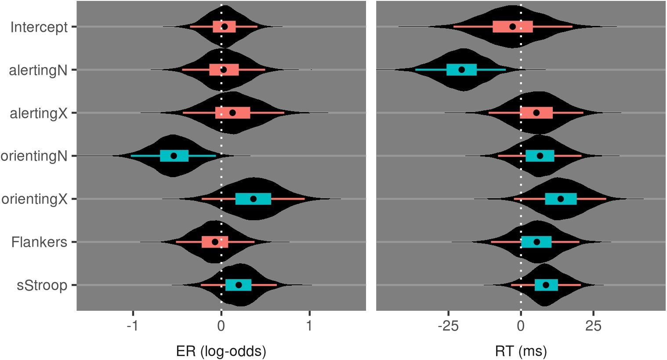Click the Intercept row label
click(x=39, y=27)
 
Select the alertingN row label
click(x=38, y=70)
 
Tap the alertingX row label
click(x=38, y=113)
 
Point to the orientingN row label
click(x=34, y=156)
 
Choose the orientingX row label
click(x=34, y=200)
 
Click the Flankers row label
click(x=39, y=242)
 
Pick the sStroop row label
click(x=42, y=286)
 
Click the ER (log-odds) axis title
click(x=221, y=351)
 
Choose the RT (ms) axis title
click(x=521, y=351)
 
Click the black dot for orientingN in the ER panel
click(x=174, y=156)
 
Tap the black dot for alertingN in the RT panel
click(x=461, y=69)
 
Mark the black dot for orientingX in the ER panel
click(x=253, y=199)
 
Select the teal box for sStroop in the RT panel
click(x=546, y=285)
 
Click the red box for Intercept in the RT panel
click(x=512, y=26)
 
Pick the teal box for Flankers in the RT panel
click(x=536, y=242)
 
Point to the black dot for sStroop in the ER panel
click(x=239, y=285)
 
